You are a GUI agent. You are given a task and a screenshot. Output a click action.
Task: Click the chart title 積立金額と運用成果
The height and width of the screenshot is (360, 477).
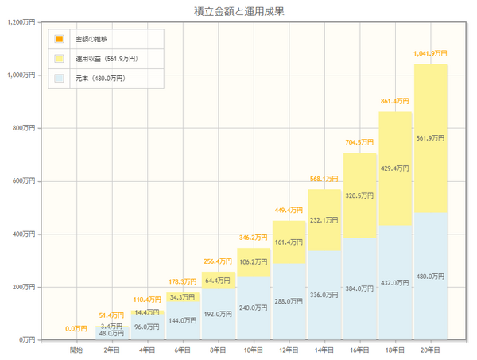coord(238,11)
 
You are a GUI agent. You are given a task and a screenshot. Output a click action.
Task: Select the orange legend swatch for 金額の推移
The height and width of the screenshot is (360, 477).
coord(59,38)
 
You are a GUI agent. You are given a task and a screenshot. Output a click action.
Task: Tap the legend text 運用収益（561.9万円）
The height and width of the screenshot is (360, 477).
coord(107,58)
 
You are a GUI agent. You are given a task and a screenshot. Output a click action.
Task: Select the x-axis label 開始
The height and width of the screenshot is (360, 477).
coord(76,349)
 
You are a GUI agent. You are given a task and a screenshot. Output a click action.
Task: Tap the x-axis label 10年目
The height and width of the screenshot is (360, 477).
coord(254,349)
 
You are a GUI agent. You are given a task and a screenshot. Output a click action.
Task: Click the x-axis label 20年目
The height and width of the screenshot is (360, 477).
coord(430,349)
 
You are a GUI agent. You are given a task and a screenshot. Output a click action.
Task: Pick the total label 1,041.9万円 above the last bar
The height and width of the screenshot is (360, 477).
coord(430,53)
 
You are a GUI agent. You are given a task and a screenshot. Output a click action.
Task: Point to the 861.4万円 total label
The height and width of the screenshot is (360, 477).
coord(395,101)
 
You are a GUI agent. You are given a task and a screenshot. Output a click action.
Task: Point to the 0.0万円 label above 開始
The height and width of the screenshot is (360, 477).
coord(76,328)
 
